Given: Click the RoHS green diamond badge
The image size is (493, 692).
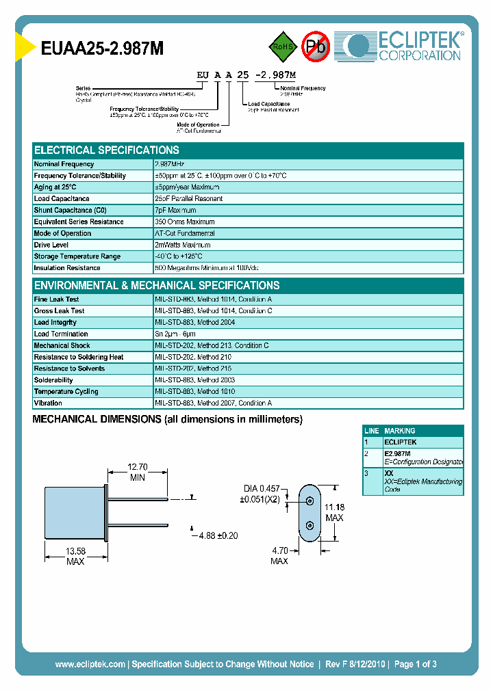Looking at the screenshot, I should tap(281, 46).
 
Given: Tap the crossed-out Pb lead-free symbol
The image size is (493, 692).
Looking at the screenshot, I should tap(315, 46).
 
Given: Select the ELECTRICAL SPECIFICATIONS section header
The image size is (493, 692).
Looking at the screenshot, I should tap(107, 150).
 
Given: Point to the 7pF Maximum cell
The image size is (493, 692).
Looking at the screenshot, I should tap(175, 210).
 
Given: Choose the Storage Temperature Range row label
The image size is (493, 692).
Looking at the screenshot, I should tap(77, 256).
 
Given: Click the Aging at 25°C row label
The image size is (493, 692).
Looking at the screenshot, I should tap(55, 187).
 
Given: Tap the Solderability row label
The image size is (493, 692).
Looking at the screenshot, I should tap(53, 380).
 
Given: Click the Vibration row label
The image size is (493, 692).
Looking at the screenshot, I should tap(48, 403).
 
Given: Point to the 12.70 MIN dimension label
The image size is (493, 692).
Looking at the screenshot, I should tap(137, 473).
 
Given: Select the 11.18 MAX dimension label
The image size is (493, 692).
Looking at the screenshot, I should tap(334, 512).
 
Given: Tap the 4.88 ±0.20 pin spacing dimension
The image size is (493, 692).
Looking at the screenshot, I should tap(216, 535).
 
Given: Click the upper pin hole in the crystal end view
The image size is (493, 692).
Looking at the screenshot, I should tap(310, 501).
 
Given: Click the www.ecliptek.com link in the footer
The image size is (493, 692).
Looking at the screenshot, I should tap(90, 664).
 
